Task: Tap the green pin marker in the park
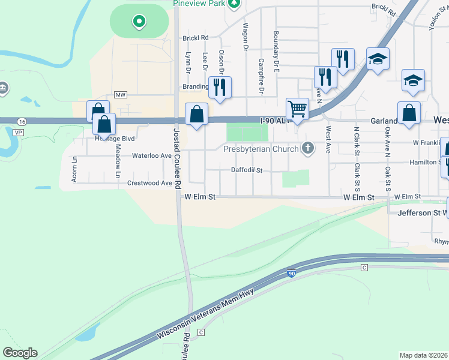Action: click(139, 23)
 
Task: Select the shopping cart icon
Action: click(297, 109)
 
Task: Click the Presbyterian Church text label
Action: click(262, 149)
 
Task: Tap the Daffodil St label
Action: click(247, 170)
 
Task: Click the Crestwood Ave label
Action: click(150, 183)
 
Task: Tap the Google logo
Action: click(20, 353)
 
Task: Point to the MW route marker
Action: click(121, 95)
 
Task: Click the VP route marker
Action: click(19, 131)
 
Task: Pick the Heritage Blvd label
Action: click(115, 139)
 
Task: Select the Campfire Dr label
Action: click(261, 76)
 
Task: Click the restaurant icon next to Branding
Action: click(219, 87)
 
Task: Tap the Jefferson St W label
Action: click(418, 212)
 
